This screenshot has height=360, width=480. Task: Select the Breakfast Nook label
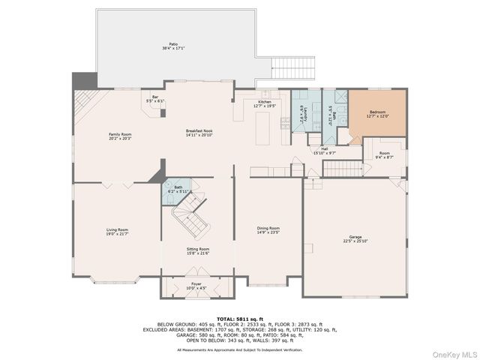(x=199, y=133)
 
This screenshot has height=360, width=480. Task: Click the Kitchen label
(x=265, y=103)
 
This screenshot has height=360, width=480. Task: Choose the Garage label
(x=355, y=238)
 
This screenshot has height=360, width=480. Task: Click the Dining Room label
(x=268, y=229)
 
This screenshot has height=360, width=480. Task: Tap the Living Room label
(x=116, y=232)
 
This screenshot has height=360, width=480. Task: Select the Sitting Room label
(x=198, y=250)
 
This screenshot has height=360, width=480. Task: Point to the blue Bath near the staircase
(x=178, y=190)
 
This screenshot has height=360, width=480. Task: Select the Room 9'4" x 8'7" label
(x=383, y=155)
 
